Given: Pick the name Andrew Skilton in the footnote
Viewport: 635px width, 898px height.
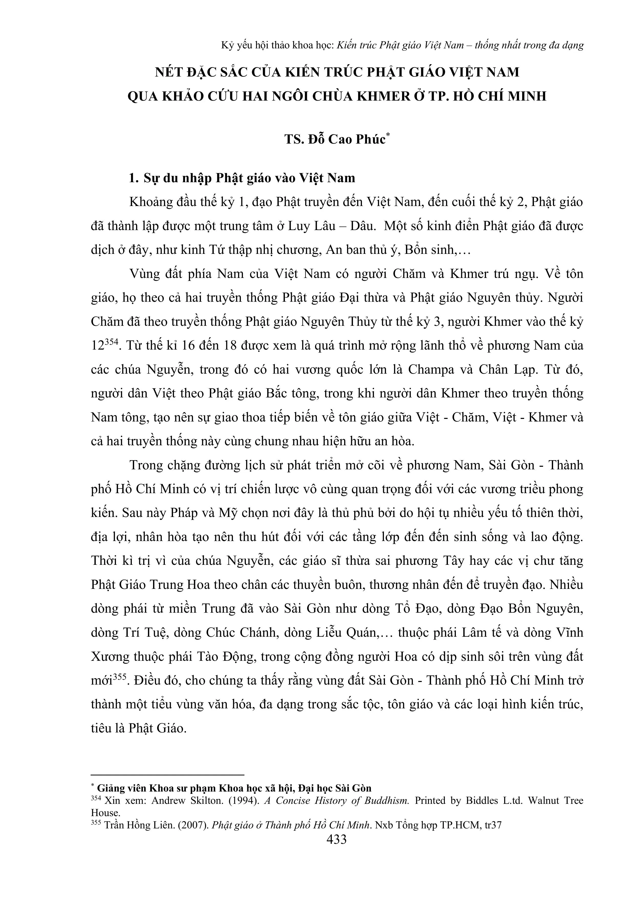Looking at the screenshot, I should pos(180,800).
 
